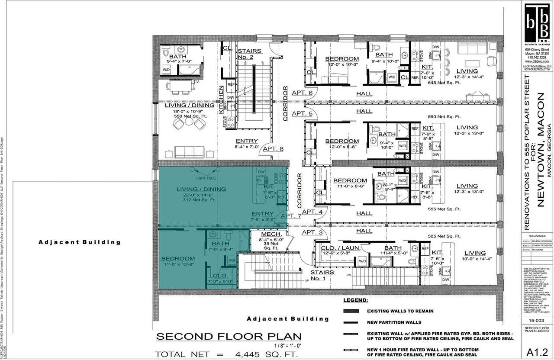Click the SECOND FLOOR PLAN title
(x=229, y=337)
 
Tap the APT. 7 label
(x=291, y=215)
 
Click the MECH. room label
(x=272, y=234)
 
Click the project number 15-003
(x=536, y=321)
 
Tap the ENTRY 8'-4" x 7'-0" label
(x=247, y=144)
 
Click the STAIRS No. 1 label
(x=322, y=275)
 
